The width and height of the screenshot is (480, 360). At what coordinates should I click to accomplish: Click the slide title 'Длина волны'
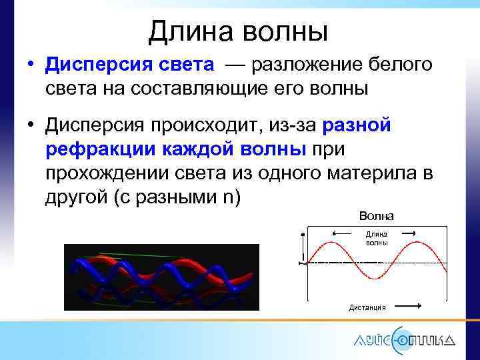(x=238, y=31)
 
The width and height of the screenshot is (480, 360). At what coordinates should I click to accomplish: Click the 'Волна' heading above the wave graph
(x=376, y=215)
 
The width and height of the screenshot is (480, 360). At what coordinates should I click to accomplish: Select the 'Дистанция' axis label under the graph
(x=367, y=307)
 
